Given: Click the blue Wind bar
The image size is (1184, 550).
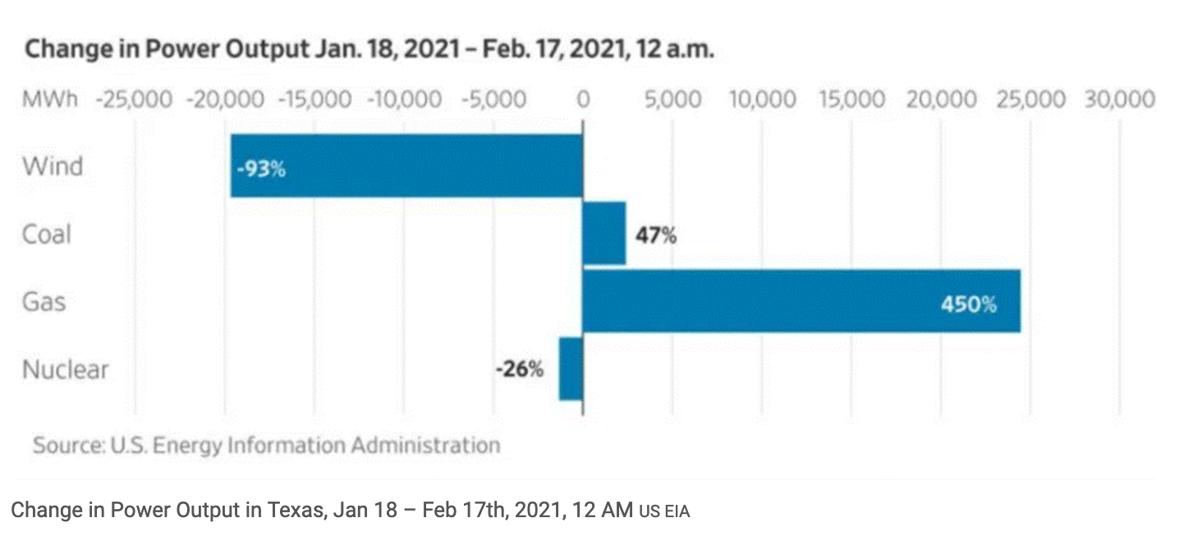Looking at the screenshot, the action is click(407, 166).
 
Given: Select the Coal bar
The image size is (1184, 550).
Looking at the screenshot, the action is click(604, 233).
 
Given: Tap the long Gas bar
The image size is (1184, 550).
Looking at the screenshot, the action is click(802, 300).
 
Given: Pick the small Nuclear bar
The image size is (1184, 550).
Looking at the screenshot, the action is click(571, 369).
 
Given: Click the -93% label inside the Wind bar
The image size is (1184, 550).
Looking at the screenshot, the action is click(261, 169).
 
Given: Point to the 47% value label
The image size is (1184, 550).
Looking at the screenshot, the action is click(656, 235).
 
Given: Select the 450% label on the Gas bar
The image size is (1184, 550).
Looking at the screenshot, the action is click(969, 305).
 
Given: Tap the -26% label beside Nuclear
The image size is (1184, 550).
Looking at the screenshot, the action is click(520, 369).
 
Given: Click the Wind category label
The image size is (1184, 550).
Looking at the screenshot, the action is click(53, 166).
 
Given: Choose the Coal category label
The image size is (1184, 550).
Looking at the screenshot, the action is click(47, 234).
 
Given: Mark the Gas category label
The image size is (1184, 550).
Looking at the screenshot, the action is click(44, 302).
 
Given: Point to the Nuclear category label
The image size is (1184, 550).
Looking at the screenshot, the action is click(66, 369).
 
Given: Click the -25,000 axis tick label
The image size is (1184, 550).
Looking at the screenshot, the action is click(135, 99).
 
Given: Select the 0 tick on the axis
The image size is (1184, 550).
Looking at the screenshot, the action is click(583, 99).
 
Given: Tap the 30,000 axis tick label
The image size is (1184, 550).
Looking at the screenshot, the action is click(1120, 99).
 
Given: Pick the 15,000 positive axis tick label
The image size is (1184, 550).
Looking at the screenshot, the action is click(851, 99).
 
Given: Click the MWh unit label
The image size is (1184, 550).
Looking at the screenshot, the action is click(50, 99).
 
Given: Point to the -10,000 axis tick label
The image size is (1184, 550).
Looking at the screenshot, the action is click(404, 99).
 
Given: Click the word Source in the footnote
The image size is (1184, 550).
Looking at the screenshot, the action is click(69, 445).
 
